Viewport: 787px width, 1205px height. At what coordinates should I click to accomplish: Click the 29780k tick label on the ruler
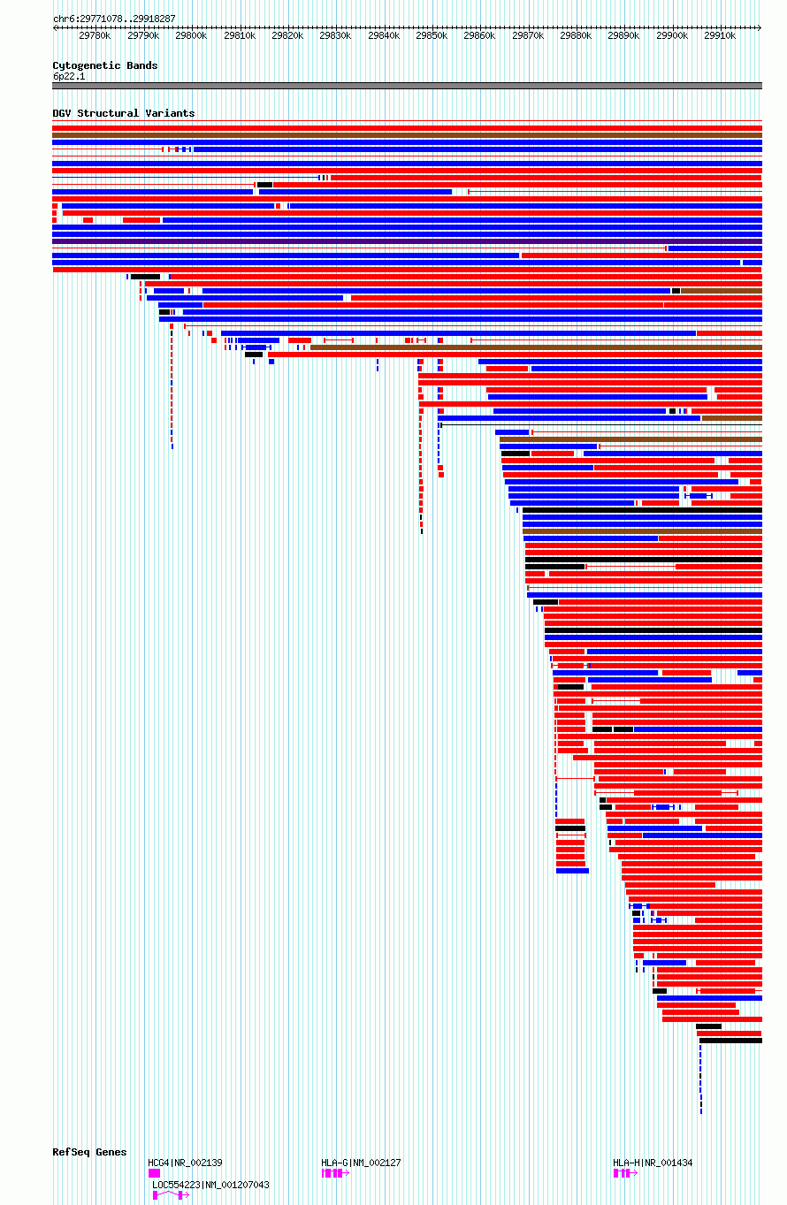(x=95, y=35)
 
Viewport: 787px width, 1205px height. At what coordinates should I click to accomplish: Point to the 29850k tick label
(x=432, y=35)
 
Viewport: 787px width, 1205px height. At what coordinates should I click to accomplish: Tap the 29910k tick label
(x=720, y=35)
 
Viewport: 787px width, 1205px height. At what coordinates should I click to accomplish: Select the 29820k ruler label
(x=287, y=35)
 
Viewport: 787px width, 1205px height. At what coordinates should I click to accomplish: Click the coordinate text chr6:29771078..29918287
(x=114, y=19)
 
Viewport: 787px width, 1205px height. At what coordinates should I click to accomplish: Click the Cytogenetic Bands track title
(x=105, y=65)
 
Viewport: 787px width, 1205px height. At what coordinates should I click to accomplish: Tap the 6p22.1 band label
(x=69, y=76)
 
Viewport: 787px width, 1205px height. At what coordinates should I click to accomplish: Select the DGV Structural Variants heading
(x=124, y=113)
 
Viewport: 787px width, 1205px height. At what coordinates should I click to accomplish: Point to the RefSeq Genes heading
(x=89, y=1152)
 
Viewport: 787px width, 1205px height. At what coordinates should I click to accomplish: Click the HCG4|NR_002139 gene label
(x=185, y=1163)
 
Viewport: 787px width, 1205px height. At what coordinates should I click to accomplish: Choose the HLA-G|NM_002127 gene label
(x=361, y=1163)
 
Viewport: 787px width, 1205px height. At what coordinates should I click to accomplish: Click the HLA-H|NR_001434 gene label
(x=653, y=1163)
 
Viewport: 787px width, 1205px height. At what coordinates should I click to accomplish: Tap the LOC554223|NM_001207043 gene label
(x=210, y=1185)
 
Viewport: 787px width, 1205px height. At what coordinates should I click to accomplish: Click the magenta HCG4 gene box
(x=155, y=1172)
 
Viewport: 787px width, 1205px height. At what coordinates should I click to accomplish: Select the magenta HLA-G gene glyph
(x=335, y=1172)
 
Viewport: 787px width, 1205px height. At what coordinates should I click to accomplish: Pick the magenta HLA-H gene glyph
(x=625, y=1172)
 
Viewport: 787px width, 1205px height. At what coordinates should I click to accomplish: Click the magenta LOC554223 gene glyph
(x=171, y=1194)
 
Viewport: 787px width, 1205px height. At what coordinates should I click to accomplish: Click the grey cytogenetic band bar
(x=408, y=86)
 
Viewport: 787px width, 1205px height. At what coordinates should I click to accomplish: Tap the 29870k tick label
(x=528, y=35)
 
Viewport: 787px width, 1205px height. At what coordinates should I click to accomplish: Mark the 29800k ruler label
(x=191, y=35)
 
